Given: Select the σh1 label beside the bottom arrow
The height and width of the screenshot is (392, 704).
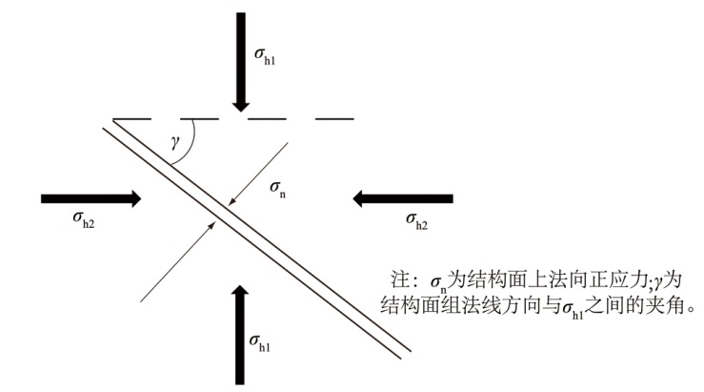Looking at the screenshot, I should pos(259,340).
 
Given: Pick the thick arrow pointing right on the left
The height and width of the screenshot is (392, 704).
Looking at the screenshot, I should pos(91,198).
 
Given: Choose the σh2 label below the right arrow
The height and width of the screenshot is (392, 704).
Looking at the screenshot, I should pos(415,221).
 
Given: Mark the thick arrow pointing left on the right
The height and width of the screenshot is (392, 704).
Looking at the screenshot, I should pos(400,198).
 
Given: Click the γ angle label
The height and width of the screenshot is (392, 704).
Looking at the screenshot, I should pos(174,142).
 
